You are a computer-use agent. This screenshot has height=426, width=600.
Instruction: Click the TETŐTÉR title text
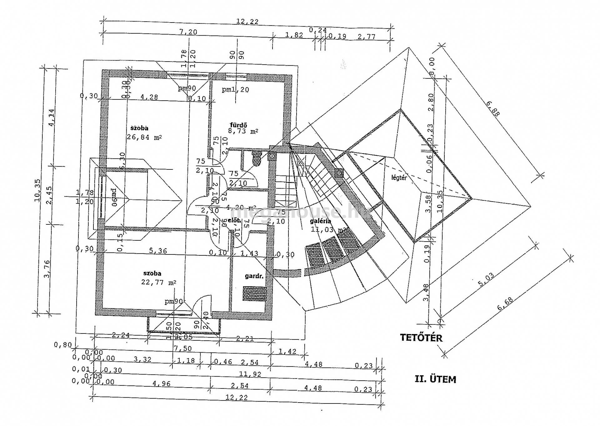coord(421,338)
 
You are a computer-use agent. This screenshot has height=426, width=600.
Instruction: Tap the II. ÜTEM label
coord(435,379)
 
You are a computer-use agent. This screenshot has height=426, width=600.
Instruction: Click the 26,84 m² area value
coord(144,137)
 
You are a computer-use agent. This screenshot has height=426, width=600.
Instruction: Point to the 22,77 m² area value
coord(158,282)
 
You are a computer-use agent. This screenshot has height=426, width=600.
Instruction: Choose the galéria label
coord(320,221)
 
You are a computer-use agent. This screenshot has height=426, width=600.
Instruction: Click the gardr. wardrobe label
coord(254,276)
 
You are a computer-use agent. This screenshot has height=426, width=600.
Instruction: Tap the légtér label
coord(399,178)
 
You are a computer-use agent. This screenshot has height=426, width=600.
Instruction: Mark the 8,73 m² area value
coord(243,132)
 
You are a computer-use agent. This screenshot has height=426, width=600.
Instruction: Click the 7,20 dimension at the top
coord(188,32)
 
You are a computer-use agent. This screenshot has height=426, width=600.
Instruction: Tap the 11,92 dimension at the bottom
coord(250,374)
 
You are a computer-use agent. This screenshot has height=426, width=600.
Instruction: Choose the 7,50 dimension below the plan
coord(183,348)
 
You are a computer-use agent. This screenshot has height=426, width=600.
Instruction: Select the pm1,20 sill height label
coord(235,90)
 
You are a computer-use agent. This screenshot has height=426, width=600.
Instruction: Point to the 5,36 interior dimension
coord(158,251)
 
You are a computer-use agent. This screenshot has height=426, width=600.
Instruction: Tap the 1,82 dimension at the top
coord(294,35)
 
